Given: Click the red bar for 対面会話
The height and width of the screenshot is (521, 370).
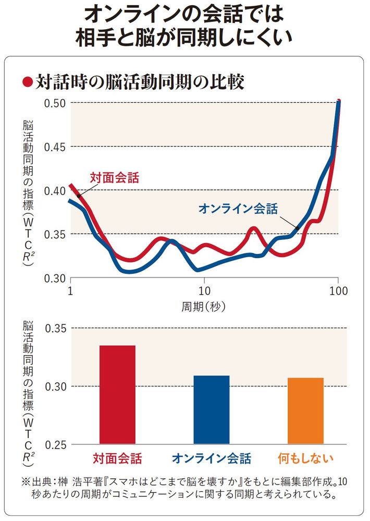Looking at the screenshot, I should pyautogui.click(x=117, y=394).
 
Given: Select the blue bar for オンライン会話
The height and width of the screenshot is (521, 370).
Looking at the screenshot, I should pyautogui.click(x=212, y=409).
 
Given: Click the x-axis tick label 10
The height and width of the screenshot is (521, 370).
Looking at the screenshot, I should pyautogui.click(x=204, y=290).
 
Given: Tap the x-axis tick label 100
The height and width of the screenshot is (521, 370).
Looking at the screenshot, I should pyautogui.click(x=338, y=290).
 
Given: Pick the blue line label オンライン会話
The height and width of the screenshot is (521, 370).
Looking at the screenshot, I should pyautogui.click(x=238, y=208).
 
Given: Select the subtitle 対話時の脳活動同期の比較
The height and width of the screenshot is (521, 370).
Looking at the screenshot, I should pyautogui.click(x=140, y=81).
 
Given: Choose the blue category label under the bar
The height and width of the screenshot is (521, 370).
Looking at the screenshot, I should pyautogui.click(x=212, y=459).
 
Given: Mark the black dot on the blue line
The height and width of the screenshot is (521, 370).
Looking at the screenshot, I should pyautogui.click(x=297, y=228).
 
